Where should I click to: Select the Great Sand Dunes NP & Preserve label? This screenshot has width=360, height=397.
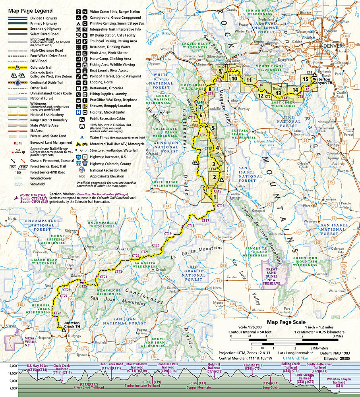pos(272,277)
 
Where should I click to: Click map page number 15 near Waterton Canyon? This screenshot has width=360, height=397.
pos(305,79)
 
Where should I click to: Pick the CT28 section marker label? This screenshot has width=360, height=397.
pos(57,313)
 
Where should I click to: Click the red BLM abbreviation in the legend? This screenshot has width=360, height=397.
pos(17,143)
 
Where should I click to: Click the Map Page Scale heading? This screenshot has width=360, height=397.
pos(286,322)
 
